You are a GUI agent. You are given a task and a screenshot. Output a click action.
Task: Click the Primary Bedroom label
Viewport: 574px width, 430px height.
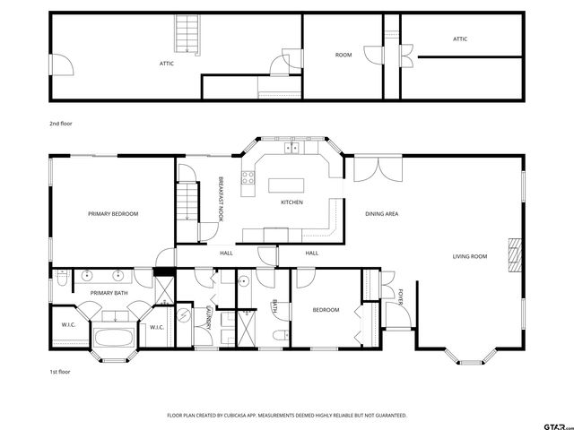coord(113,214)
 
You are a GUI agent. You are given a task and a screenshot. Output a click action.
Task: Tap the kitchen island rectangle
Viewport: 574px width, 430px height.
coord(286,185)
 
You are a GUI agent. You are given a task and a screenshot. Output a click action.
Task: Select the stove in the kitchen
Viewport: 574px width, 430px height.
coord(248,178)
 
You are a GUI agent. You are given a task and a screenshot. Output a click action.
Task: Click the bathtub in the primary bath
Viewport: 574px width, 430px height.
coord(114,337)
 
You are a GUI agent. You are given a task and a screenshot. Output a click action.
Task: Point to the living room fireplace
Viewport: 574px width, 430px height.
coord(515,255)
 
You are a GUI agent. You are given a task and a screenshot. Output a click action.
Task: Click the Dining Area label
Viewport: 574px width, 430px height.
coord(382,214)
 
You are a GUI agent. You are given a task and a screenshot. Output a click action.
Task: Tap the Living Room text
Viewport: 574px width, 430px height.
coord(470,257)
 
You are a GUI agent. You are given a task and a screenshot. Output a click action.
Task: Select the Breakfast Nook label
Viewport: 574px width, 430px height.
coord(221,199)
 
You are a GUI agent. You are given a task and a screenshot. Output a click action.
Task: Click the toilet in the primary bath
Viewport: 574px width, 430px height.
coord(62,279)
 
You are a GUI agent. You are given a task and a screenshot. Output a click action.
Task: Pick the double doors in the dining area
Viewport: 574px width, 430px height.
coord(378,169)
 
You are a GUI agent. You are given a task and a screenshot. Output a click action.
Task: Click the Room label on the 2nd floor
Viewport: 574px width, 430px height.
coord(344,55)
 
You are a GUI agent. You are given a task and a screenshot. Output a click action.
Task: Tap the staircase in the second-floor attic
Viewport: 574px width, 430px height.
coord(187,34)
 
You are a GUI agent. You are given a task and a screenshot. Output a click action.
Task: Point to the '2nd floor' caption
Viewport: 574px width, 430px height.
coord(61,124)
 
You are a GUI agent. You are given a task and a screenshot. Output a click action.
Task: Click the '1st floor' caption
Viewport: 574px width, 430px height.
coord(60,372)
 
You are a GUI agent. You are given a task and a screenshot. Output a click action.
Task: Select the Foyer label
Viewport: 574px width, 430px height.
coord(401,297)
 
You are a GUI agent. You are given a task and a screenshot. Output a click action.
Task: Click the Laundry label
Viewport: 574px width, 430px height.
coord(209,318)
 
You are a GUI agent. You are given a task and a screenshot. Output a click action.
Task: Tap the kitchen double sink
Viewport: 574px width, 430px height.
coord(291,148)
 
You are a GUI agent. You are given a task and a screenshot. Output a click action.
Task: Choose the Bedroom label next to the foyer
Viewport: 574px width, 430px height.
coord(326,310)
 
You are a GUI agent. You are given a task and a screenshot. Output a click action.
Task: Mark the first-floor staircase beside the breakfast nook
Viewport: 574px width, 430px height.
coord(187,202)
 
